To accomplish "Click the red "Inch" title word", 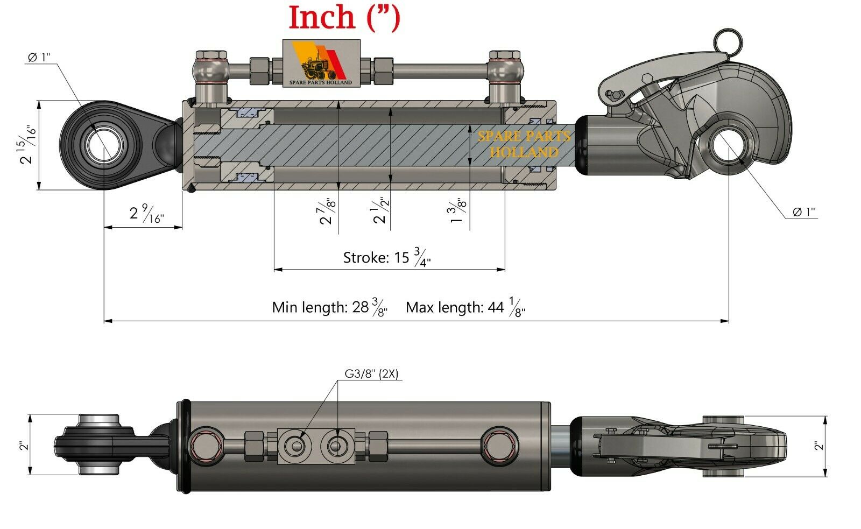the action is coord(322,17).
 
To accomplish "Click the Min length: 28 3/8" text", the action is coord(330,307).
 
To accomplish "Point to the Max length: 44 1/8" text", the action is coord(465,307).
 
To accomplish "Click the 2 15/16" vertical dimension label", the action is coord(27,145).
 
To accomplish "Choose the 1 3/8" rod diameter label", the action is coord(457,210).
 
